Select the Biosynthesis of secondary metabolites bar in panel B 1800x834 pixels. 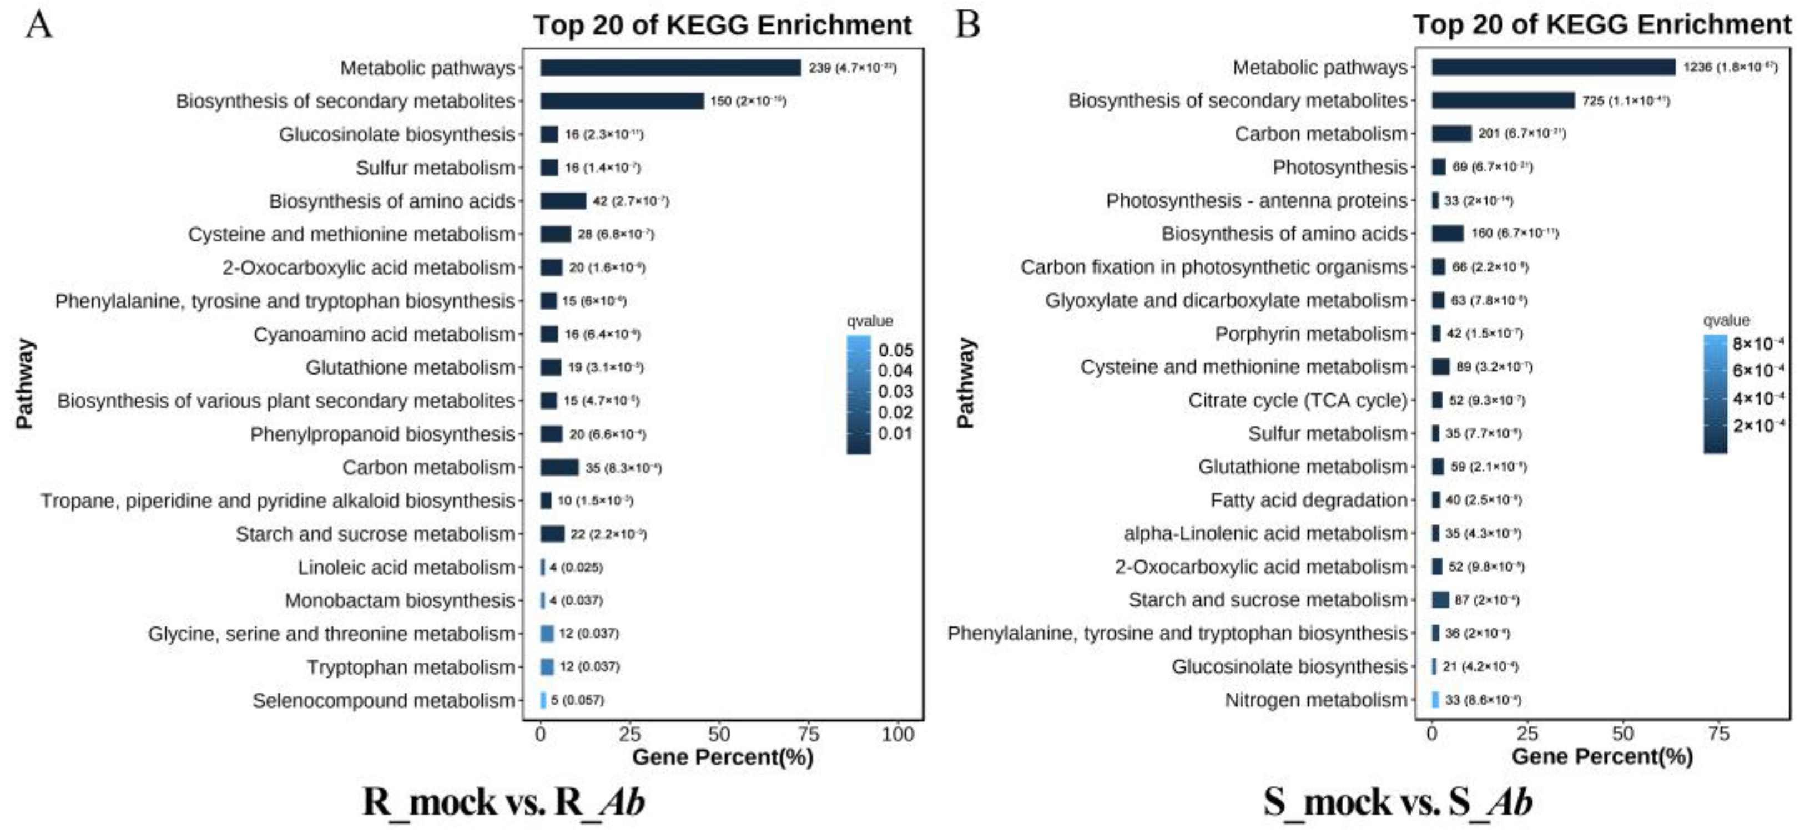pyautogui.click(x=1503, y=100)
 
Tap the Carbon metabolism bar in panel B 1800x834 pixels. pyautogui.click(x=1451, y=133)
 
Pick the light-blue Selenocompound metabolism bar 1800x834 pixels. pyautogui.click(x=543, y=700)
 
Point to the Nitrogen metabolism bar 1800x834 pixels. pyautogui.click(x=1435, y=699)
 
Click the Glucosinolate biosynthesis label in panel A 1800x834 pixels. pyautogui.click(x=397, y=134)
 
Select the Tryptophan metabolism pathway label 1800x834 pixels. pyautogui.click(x=411, y=667)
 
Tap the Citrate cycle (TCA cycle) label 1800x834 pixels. pyautogui.click(x=1298, y=400)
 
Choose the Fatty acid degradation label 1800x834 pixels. pyautogui.click(x=1309, y=500)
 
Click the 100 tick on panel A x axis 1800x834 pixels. pyautogui.click(x=898, y=734)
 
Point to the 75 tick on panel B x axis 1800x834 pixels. pyautogui.click(x=1718, y=734)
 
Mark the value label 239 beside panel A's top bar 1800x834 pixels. pyautogui.click(x=820, y=68)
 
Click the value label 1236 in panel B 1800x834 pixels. pyautogui.click(x=1697, y=68)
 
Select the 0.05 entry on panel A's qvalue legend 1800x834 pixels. pyautogui.click(x=896, y=350)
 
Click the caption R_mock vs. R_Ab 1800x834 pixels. pyautogui.click(x=503, y=802)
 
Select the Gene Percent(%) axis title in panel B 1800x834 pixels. pyautogui.click(x=1601, y=756)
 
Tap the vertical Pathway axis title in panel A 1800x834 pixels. pyautogui.click(x=25, y=383)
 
